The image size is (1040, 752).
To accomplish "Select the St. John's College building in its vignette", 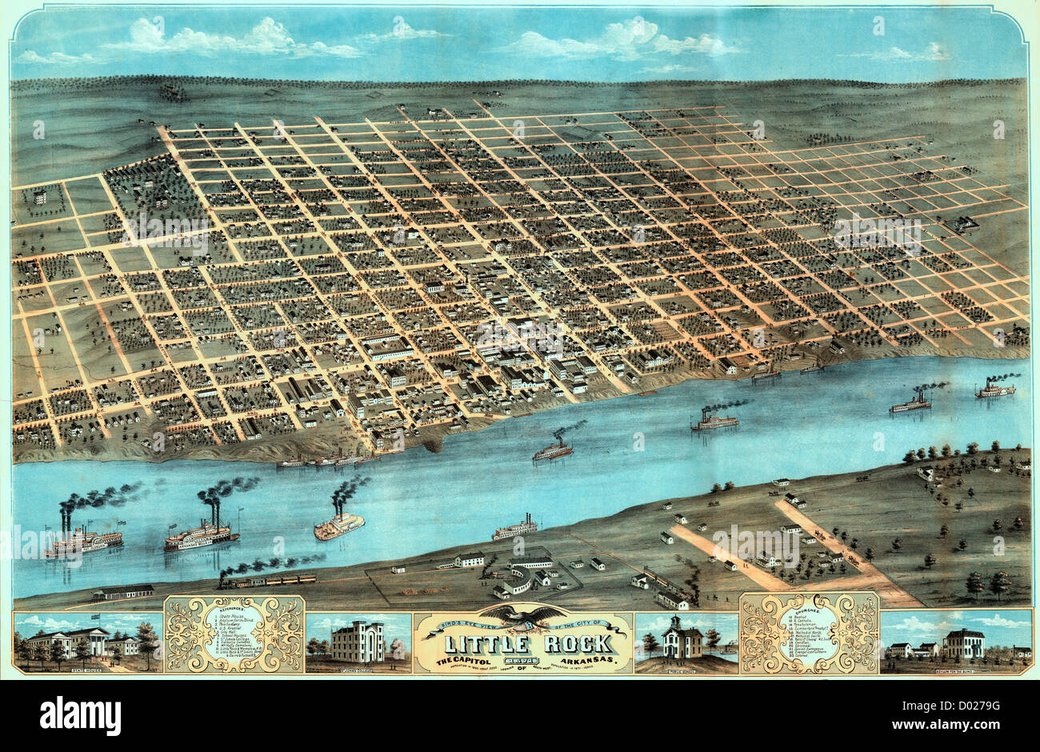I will coord(358,642).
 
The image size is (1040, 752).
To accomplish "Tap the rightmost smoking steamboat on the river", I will coord(994,390).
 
